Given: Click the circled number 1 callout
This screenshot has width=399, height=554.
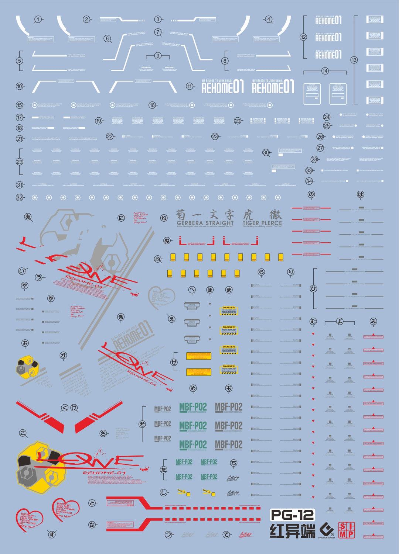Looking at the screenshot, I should click(38, 20).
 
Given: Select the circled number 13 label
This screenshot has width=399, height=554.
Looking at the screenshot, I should click(354, 60).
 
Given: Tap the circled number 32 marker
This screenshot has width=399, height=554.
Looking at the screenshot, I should click(20, 198).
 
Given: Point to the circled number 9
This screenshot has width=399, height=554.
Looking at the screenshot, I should click(158, 56).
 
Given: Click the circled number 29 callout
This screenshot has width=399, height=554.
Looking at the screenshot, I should click(19, 162).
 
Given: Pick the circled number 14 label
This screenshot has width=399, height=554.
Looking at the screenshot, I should click(325, 71).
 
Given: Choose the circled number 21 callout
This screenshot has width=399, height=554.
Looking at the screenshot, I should click(20, 139).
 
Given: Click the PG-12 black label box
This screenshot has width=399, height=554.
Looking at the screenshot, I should click(292, 515).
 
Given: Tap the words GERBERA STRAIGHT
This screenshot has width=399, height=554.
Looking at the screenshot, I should click(205, 223).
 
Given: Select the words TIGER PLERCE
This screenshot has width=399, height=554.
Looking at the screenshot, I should click(262, 223).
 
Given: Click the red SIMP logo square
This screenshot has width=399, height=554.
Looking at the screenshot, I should click(346, 530).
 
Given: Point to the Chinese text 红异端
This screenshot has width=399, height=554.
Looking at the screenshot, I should click(292, 531).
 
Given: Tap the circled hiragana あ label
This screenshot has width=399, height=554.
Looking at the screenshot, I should click(28, 217).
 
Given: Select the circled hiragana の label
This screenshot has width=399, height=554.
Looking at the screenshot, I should click(311, 194).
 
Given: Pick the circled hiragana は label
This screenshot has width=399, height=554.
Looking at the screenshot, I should click(360, 194).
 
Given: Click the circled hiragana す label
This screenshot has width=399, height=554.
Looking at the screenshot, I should click(52, 534).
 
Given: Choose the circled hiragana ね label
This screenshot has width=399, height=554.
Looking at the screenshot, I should click(164, 218).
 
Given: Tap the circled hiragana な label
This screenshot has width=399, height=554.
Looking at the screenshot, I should click(92, 524).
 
